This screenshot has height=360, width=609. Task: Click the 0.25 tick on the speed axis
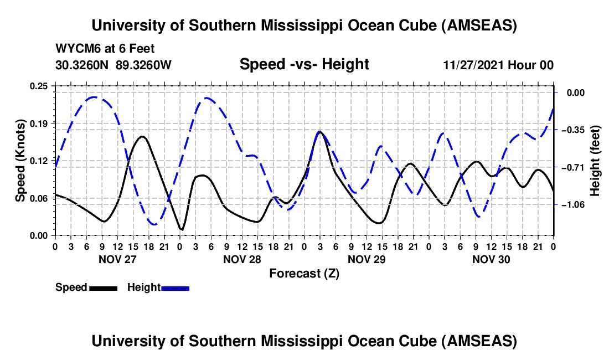[41, 86]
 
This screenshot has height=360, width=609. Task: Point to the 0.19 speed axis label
[41, 123]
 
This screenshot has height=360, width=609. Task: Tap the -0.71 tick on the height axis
[572, 167]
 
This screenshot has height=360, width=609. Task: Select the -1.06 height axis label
[572, 204]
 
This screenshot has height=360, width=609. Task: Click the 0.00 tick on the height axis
[574, 93]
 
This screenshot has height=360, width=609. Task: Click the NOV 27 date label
[117, 259]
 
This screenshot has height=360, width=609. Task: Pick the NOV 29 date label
[366, 259]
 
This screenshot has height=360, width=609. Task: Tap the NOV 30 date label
[491, 259]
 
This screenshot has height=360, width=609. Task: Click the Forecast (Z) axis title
[304, 273]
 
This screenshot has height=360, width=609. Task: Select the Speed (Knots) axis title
[20, 160]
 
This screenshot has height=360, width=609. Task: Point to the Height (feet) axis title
[595, 161]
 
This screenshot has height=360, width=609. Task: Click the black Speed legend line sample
[103, 287]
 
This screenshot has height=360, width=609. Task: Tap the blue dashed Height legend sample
[175, 287]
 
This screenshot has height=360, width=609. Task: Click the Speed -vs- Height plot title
[304, 65]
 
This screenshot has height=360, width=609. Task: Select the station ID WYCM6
[74, 48]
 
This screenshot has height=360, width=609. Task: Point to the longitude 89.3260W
[144, 65]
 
